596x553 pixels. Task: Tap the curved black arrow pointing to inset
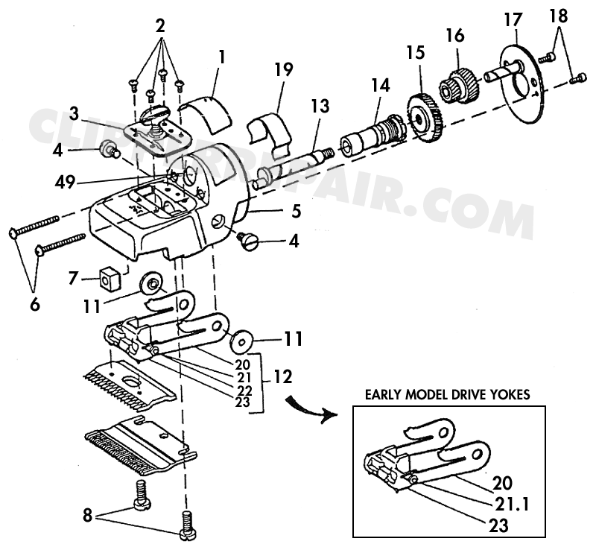(x=308, y=407)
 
